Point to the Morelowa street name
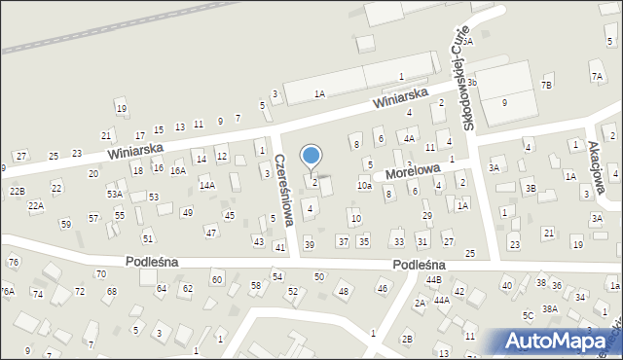(x=411, y=172)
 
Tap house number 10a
(x=364, y=185)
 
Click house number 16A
(x=177, y=169)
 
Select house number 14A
(x=206, y=185)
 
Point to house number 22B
(x=17, y=192)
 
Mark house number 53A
(x=114, y=195)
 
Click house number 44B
(x=433, y=280)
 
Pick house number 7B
(x=546, y=85)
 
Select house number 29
(x=426, y=215)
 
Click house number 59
(x=65, y=225)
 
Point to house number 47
(x=210, y=232)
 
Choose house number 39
(x=310, y=244)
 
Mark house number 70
(x=101, y=274)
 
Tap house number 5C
(x=528, y=316)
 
